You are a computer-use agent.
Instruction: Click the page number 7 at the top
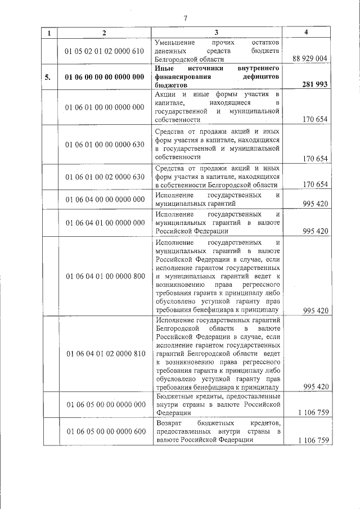click(185, 18)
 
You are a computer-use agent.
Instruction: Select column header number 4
click(306, 33)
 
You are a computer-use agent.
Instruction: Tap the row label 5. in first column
click(49, 77)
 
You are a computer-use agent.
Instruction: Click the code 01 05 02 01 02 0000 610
click(105, 51)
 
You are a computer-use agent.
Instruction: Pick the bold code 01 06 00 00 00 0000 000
click(105, 77)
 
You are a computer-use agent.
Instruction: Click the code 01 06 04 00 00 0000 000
click(105, 199)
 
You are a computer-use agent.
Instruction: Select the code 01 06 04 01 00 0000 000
click(105, 223)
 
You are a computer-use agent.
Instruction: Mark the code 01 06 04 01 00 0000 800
click(105, 276)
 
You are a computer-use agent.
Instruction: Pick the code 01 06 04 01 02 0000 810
click(105, 353)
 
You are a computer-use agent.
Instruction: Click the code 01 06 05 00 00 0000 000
click(105, 404)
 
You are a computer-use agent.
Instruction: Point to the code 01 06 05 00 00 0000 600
click(105, 431)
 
